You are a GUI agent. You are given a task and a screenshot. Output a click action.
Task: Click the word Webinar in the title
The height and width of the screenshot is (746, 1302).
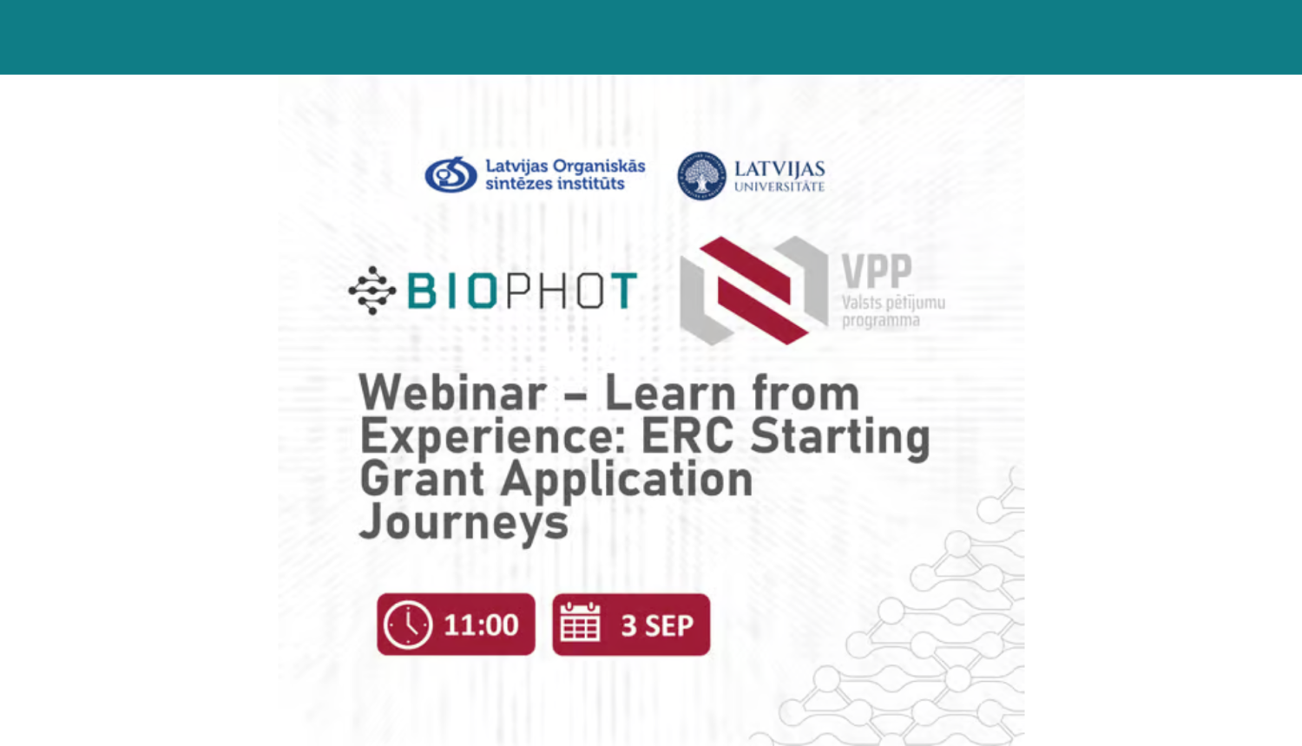tap(452, 394)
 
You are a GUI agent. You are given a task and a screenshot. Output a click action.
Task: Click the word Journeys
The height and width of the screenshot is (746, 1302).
tap(464, 522)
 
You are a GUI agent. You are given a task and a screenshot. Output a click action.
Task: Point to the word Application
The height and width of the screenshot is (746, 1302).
tap(627, 480)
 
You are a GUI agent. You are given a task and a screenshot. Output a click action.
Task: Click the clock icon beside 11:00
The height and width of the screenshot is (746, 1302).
tap(407, 625)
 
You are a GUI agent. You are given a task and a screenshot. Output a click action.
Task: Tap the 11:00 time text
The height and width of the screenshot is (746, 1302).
tap(481, 625)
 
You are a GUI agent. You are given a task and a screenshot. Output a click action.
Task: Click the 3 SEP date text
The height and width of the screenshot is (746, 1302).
tap(657, 625)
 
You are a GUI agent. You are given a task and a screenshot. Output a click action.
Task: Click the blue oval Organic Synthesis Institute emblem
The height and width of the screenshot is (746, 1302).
tap(450, 174)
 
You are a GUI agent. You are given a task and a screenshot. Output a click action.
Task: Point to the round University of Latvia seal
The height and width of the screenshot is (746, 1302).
tap(701, 175)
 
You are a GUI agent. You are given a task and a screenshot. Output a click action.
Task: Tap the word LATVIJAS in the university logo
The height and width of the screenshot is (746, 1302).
tap(779, 168)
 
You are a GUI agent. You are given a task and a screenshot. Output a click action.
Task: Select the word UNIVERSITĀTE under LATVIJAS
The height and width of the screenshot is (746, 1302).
tap(779, 186)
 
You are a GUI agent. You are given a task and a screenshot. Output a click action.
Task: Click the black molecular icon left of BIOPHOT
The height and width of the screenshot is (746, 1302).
tap(372, 291)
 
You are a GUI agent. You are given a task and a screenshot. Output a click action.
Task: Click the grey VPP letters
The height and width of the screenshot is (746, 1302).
tap(877, 272)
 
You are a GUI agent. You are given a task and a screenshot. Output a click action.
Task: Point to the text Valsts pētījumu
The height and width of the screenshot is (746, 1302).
tap(893, 303)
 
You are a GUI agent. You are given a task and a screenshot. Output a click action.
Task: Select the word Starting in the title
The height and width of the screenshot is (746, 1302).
tap(839, 435)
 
